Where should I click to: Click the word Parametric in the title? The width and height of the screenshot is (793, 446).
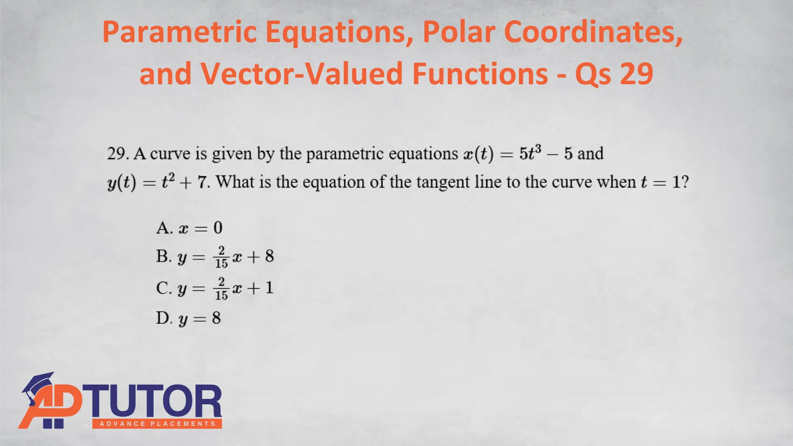[180, 32]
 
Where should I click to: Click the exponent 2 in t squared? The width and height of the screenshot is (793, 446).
[171, 177]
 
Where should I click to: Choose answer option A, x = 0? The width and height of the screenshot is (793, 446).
[189, 228]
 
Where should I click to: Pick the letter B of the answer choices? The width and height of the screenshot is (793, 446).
[164, 256]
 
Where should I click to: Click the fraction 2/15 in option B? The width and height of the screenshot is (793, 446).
[221, 257]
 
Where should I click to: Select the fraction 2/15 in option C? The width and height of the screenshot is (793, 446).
[221, 288]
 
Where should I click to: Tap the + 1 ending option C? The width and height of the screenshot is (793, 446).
[261, 288]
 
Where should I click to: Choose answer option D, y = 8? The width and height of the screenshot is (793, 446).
[188, 318]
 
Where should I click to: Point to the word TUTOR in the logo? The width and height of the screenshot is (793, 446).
[154, 401]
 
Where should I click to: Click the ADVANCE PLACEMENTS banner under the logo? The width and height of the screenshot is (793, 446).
[157, 424]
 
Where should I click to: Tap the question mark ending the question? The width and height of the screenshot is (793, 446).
[685, 182]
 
